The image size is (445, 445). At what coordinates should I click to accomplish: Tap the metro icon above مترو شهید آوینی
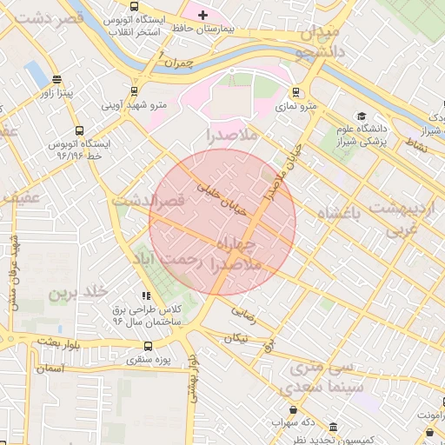(134, 90)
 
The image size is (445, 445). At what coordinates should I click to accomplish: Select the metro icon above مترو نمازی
(296, 91)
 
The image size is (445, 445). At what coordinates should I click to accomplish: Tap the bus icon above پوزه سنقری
(156, 344)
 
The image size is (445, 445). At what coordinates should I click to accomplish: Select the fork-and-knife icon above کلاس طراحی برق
(146, 296)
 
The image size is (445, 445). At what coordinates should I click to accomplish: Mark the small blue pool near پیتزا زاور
(37, 73)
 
